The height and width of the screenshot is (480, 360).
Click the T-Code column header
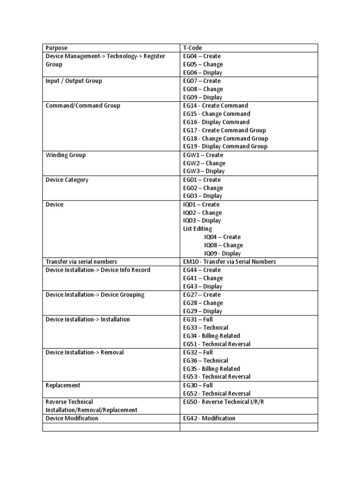[x=192, y=48]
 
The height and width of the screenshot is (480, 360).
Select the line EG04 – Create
[x=202, y=56]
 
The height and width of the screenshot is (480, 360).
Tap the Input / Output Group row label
[x=74, y=81]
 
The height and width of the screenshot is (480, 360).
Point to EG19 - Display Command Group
[x=225, y=147]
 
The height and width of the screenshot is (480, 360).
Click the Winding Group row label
[x=66, y=155]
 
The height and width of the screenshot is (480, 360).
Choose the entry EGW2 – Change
[x=204, y=163]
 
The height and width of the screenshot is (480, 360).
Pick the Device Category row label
[x=67, y=180]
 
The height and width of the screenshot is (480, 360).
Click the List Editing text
[x=197, y=229]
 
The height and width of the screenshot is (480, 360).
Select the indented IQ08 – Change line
[x=224, y=245]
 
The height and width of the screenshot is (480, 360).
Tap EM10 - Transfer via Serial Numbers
[x=230, y=262]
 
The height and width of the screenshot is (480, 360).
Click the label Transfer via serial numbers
[x=81, y=262]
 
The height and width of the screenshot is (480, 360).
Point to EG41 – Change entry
[x=203, y=278]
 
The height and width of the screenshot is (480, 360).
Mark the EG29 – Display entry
[x=203, y=311]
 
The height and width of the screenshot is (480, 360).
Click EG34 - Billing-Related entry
[x=211, y=336]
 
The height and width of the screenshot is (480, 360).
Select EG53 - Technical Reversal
[x=217, y=377]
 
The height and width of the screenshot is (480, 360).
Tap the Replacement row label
[x=63, y=385]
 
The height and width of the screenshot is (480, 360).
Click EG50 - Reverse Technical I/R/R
[x=220, y=402]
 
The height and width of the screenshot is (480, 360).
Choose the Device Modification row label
[x=72, y=418]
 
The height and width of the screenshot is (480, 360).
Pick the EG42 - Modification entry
[x=209, y=418]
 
